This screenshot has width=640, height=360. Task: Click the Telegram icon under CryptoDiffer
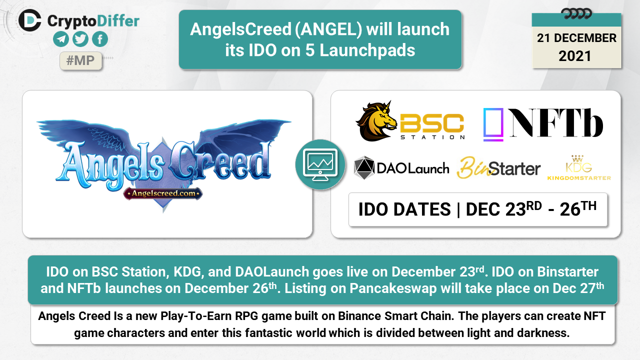pyautogui.click(x=61, y=39)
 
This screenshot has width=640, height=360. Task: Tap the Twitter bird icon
pyautogui.click(x=80, y=39)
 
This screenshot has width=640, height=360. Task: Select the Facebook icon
pyautogui.click(x=100, y=39)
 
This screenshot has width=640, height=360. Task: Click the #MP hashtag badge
pyautogui.click(x=80, y=60)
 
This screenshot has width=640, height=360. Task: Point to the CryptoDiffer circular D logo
pyautogui.click(x=30, y=20)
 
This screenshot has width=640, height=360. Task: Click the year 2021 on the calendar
pyautogui.click(x=574, y=56)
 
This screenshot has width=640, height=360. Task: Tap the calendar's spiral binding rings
pyautogui.click(x=576, y=13)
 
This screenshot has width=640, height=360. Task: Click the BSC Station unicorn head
pyautogui.click(x=376, y=121)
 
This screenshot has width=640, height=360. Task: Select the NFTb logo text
pyautogui.click(x=556, y=123)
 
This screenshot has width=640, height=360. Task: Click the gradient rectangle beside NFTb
pyautogui.click(x=493, y=124)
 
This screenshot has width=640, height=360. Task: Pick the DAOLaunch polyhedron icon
pyautogui.click(x=364, y=167)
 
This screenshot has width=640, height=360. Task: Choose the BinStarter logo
pyautogui.click(x=498, y=167)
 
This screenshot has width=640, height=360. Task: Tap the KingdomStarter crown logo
pyautogui.click(x=579, y=167)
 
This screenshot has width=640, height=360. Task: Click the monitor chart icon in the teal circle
pyautogui.click(x=320, y=165)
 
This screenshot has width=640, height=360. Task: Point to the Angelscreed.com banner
pyautogui.click(x=163, y=193)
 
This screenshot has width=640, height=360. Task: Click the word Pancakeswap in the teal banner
pyautogui.click(x=393, y=288)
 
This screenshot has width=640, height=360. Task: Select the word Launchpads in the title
pyautogui.click(x=367, y=50)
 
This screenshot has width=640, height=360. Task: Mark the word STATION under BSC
pyautogui.click(x=432, y=137)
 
